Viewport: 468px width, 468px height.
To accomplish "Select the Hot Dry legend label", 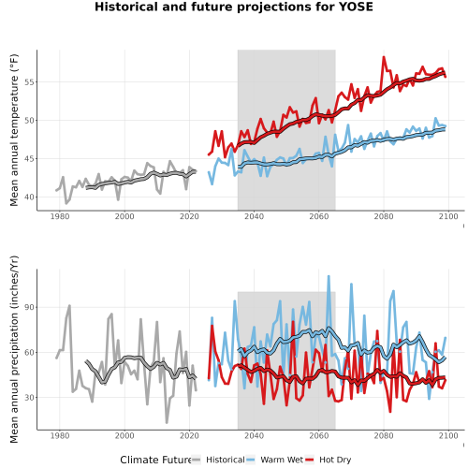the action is pos(335,460).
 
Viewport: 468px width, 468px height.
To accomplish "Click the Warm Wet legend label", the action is pos(282,460).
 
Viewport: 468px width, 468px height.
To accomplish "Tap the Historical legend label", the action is pos(226,460).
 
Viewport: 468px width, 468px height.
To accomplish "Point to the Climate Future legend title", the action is pos(155,460).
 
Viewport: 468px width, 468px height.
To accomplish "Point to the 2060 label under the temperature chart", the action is pos(319,216).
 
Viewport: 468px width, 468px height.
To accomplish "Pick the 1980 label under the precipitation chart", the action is pos(60,435).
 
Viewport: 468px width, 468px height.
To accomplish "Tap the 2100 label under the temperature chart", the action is pos(448,216).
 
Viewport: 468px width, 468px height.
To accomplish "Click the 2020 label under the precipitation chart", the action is pos(189,435).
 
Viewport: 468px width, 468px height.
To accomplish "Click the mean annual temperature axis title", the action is pos(14,130).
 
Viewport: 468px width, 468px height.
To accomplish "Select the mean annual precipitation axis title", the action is pos(14,349).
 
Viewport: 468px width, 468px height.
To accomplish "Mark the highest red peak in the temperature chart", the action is pos(384,57).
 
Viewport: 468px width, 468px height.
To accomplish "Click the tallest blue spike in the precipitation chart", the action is pos(329,276).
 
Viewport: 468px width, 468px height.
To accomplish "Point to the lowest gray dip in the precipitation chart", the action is pos(167,422).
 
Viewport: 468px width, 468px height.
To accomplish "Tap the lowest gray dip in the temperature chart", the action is pos(66,203).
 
